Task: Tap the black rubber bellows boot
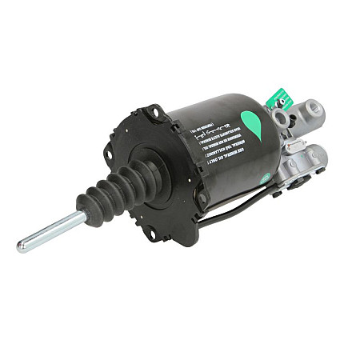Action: click(x=113, y=192)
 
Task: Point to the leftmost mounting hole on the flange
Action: click(x=109, y=154)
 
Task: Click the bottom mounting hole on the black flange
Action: click(x=149, y=234)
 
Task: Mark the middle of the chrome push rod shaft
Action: click(x=52, y=231)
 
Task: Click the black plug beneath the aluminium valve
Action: click(x=276, y=191)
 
